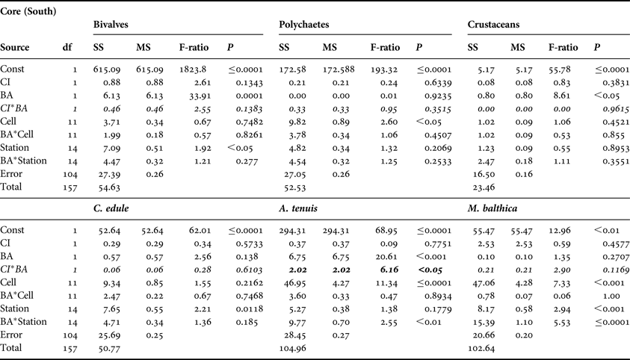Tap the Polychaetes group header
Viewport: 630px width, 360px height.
(305, 25)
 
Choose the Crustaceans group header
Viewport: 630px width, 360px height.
(494, 25)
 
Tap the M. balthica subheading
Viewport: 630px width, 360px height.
(496, 208)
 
